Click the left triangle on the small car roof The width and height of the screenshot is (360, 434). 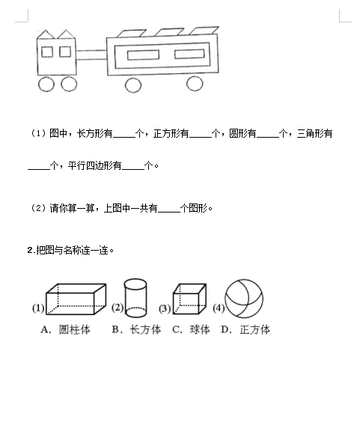(46, 34)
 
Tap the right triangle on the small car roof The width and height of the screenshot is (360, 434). (66, 34)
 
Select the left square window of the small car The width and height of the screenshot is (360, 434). (47, 52)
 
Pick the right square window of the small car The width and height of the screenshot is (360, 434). (65, 52)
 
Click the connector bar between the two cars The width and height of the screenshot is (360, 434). (91, 55)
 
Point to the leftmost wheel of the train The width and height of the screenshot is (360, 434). (46, 84)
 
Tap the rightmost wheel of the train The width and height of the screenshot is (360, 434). (195, 83)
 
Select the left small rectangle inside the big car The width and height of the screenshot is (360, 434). (143, 55)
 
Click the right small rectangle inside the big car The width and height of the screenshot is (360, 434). (189, 54)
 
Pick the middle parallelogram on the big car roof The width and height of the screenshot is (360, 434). (169, 32)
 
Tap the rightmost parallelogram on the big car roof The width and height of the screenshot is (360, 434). (204, 31)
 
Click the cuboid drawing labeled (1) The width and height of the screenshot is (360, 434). (76, 299)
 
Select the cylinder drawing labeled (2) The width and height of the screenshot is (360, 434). (135, 298)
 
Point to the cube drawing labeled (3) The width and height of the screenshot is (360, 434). (189, 299)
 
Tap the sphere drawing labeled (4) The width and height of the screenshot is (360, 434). (244, 299)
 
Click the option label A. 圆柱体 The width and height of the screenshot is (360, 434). (66, 329)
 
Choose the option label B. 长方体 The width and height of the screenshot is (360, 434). (136, 329)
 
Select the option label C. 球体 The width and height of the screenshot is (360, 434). (191, 329)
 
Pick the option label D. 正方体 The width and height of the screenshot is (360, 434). (245, 329)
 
